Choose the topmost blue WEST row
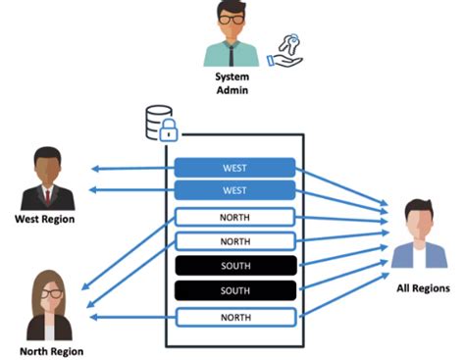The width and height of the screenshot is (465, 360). (234, 167)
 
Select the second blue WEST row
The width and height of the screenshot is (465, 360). (234, 190)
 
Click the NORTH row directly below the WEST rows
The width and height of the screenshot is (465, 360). (234, 217)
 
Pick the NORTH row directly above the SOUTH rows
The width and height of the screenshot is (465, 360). (234, 240)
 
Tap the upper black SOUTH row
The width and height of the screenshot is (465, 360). (234, 265)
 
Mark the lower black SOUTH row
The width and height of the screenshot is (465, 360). (234, 290)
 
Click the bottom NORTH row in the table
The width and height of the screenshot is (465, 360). (234, 316)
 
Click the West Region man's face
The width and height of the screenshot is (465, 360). (45, 165)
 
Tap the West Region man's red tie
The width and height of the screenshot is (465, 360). (45, 192)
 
